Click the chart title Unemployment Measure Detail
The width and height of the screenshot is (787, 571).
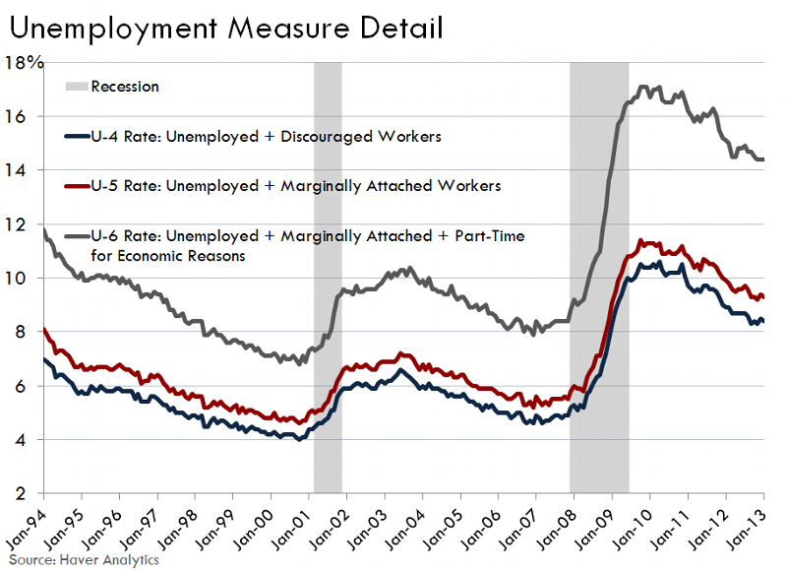click(x=224, y=27)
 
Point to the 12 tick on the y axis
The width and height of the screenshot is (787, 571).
click(x=28, y=224)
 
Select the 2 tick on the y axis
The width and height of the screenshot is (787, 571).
click(x=33, y=493)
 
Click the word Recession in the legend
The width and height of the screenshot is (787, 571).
click(x=125, y=87)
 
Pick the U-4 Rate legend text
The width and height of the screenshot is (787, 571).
click(x=266, y=137)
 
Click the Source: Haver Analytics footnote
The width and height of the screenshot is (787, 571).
click(x=83, y=559)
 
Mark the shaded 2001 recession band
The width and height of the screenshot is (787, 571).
click(x=328, y=276)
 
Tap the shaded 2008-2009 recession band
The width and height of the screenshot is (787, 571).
click(x=599, y=276)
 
